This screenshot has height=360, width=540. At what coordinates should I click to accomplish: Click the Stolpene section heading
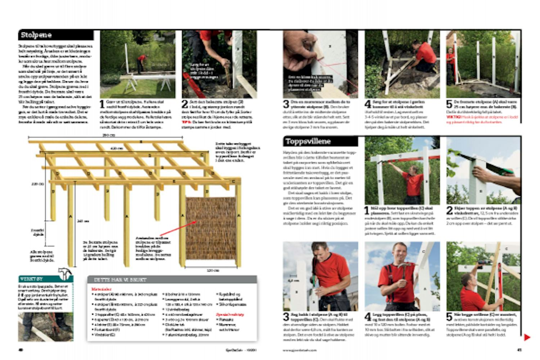tap(36, 35)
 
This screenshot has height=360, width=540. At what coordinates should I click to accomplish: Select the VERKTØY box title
tap(32, 279)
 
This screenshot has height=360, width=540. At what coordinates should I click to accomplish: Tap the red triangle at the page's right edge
tap(527, 337)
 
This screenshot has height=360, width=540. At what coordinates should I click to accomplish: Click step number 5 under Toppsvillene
tap(450, 317)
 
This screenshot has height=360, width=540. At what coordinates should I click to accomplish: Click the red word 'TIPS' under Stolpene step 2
tap(185, 122)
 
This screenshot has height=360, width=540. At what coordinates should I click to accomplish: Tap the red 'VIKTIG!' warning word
tap(453, 117)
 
